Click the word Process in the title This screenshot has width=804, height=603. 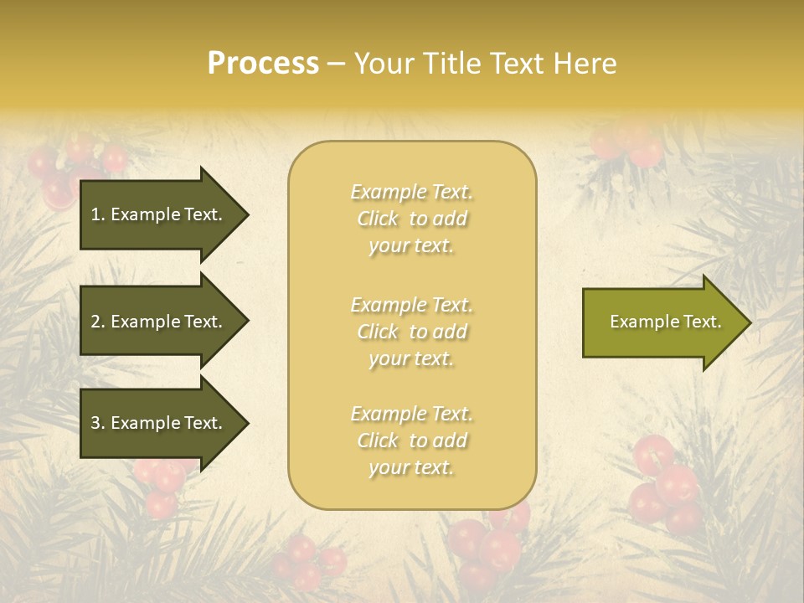click(263, 64)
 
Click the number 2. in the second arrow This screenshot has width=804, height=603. click(98, 322)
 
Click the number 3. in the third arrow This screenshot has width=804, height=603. click(98, 423)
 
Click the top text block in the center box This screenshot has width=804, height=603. click(411, 219)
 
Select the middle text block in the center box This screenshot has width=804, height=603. click(411, 332)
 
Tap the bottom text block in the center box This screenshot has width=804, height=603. click(411, 441)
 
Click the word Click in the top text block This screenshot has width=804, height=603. click(378, 219)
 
